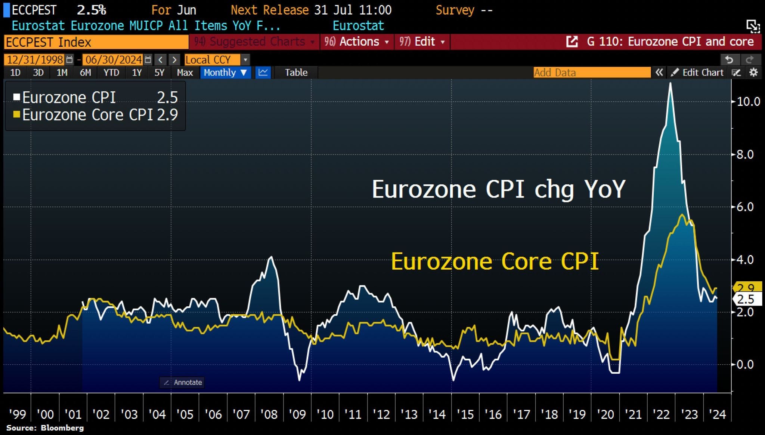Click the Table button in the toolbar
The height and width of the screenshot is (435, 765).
[296, 73]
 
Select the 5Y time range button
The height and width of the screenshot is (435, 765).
[159, 73]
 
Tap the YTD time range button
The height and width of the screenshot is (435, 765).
[111, 73]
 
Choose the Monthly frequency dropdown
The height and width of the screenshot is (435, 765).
[225, 73]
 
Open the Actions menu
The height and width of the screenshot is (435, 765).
[357, 42]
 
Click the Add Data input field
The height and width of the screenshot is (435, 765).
[592, 73]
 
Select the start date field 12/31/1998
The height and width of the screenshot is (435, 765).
[35, 60]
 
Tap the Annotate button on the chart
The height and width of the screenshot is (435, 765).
[182, 382]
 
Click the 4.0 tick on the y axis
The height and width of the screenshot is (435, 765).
[745, 260]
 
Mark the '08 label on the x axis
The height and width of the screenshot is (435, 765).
[269, 414]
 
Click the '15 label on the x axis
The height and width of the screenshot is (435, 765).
[465, 414]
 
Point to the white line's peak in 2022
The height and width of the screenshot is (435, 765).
[670, 83]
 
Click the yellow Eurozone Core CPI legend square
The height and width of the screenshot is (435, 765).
[16, 114]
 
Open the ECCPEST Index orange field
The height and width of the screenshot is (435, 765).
[96, 42]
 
